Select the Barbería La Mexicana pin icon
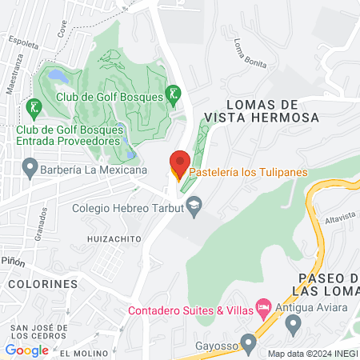(x=30, y=170)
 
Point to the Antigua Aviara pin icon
(x=293, y=325)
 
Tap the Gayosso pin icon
(x=249, y=343)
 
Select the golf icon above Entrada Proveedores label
(x=34, y=106)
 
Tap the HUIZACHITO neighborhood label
(x=114, y=239)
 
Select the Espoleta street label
(x=22, y=44)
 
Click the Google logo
(x=27, y=350)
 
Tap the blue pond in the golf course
(x=58, y=76)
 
